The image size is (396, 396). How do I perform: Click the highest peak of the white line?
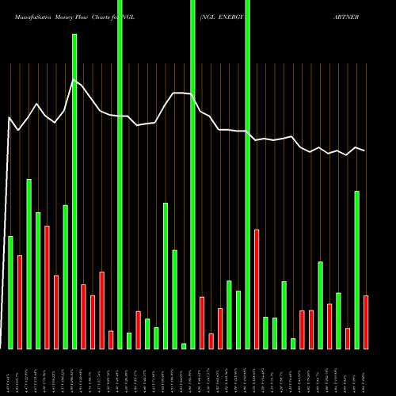(74, 79)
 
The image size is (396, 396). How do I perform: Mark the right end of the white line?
(364, 150)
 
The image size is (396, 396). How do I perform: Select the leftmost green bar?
(10, 292)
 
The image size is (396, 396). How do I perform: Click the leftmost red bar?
(20, 302)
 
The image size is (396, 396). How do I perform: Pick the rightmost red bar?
(366, 322)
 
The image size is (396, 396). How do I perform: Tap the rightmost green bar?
(356, 269)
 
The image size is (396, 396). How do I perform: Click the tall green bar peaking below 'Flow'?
(74, 190)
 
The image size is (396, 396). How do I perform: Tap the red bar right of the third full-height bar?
(257, 288)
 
